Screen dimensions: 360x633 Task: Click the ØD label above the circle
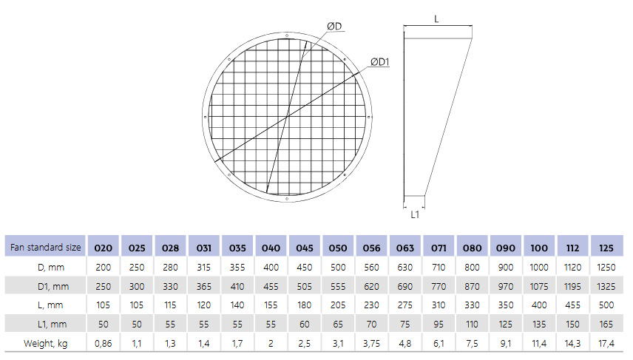pos(334,27)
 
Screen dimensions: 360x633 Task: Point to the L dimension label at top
pos(436,19)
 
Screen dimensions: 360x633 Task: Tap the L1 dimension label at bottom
pos(415,214)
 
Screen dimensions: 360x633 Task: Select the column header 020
pos(104,248)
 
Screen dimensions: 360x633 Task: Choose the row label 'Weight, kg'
pos(45,343)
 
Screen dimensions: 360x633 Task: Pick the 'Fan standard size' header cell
pos(45,248)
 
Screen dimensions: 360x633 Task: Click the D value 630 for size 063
pos(405,266)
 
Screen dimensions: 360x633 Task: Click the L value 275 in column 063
pos(405,305)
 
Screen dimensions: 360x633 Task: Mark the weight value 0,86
pos(104,343)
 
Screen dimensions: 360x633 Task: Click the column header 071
pos(439,248)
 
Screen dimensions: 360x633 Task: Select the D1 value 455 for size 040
pos(271,285)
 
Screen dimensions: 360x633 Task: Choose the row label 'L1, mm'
pos(45,324)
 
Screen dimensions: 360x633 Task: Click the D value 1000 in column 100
pos(539,266)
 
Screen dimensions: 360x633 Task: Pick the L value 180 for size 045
pos(305,305)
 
